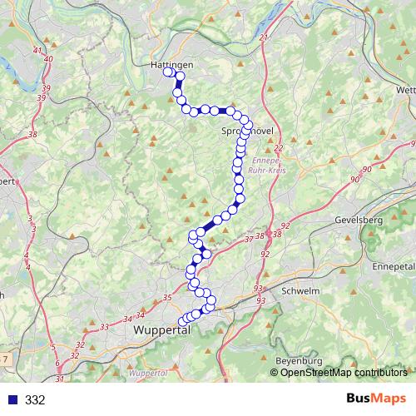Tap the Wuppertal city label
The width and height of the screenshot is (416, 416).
162,330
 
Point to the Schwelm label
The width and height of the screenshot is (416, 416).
302,291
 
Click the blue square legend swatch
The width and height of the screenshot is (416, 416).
11,400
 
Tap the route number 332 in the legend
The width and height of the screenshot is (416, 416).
35,400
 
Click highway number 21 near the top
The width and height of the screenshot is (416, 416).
265,39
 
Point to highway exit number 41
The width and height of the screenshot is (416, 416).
36,51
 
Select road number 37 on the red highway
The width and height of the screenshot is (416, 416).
249,240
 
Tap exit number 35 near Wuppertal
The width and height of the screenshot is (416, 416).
166,298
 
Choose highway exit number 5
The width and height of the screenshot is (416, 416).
52,346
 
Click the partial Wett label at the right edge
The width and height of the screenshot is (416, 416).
405,90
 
